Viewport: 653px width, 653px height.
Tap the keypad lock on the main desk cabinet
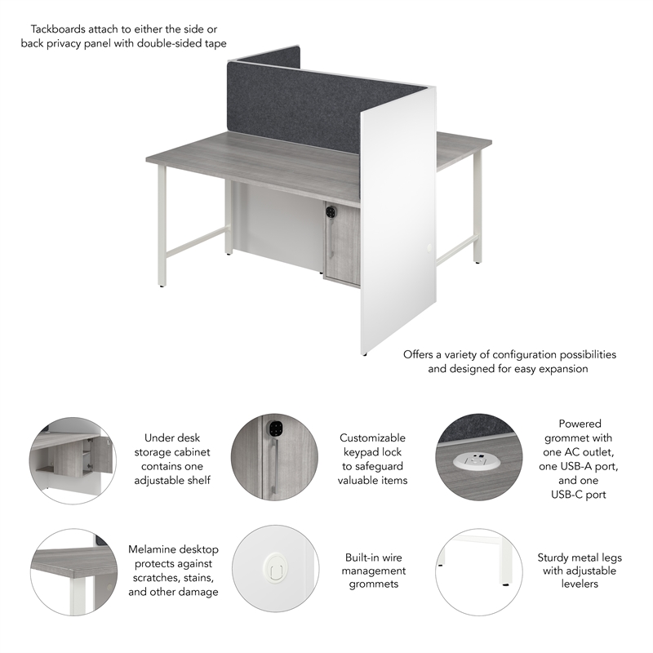pos(331,211)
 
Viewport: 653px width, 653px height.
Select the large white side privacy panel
pos(395,220)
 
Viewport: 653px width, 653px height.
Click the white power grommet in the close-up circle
pos(474,461)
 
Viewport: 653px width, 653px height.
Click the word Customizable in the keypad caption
pos(372,438)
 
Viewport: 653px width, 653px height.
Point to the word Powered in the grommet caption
pos(580,424)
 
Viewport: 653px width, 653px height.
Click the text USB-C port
pos(580,494)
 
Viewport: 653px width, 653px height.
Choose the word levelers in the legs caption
pos(580,584)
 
